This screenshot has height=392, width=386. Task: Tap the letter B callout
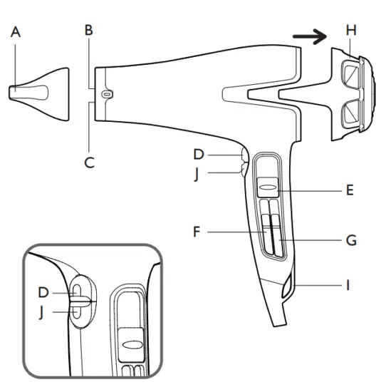(x=88, y=31)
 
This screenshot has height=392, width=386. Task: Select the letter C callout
(x=89, y=163)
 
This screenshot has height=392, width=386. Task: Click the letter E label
(x=349, y=190)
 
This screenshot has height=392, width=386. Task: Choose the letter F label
(x=196, y=232)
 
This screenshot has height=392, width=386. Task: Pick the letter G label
(x=350, y=241)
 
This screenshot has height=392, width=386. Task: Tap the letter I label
(x=348, y=286)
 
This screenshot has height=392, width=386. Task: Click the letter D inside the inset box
(x=43, y=292)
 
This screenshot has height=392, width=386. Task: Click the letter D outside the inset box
(x=199, y=153)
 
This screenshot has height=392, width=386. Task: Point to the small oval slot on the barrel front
(x=107, y=93)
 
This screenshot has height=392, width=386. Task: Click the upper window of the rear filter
(x=352, y=73)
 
